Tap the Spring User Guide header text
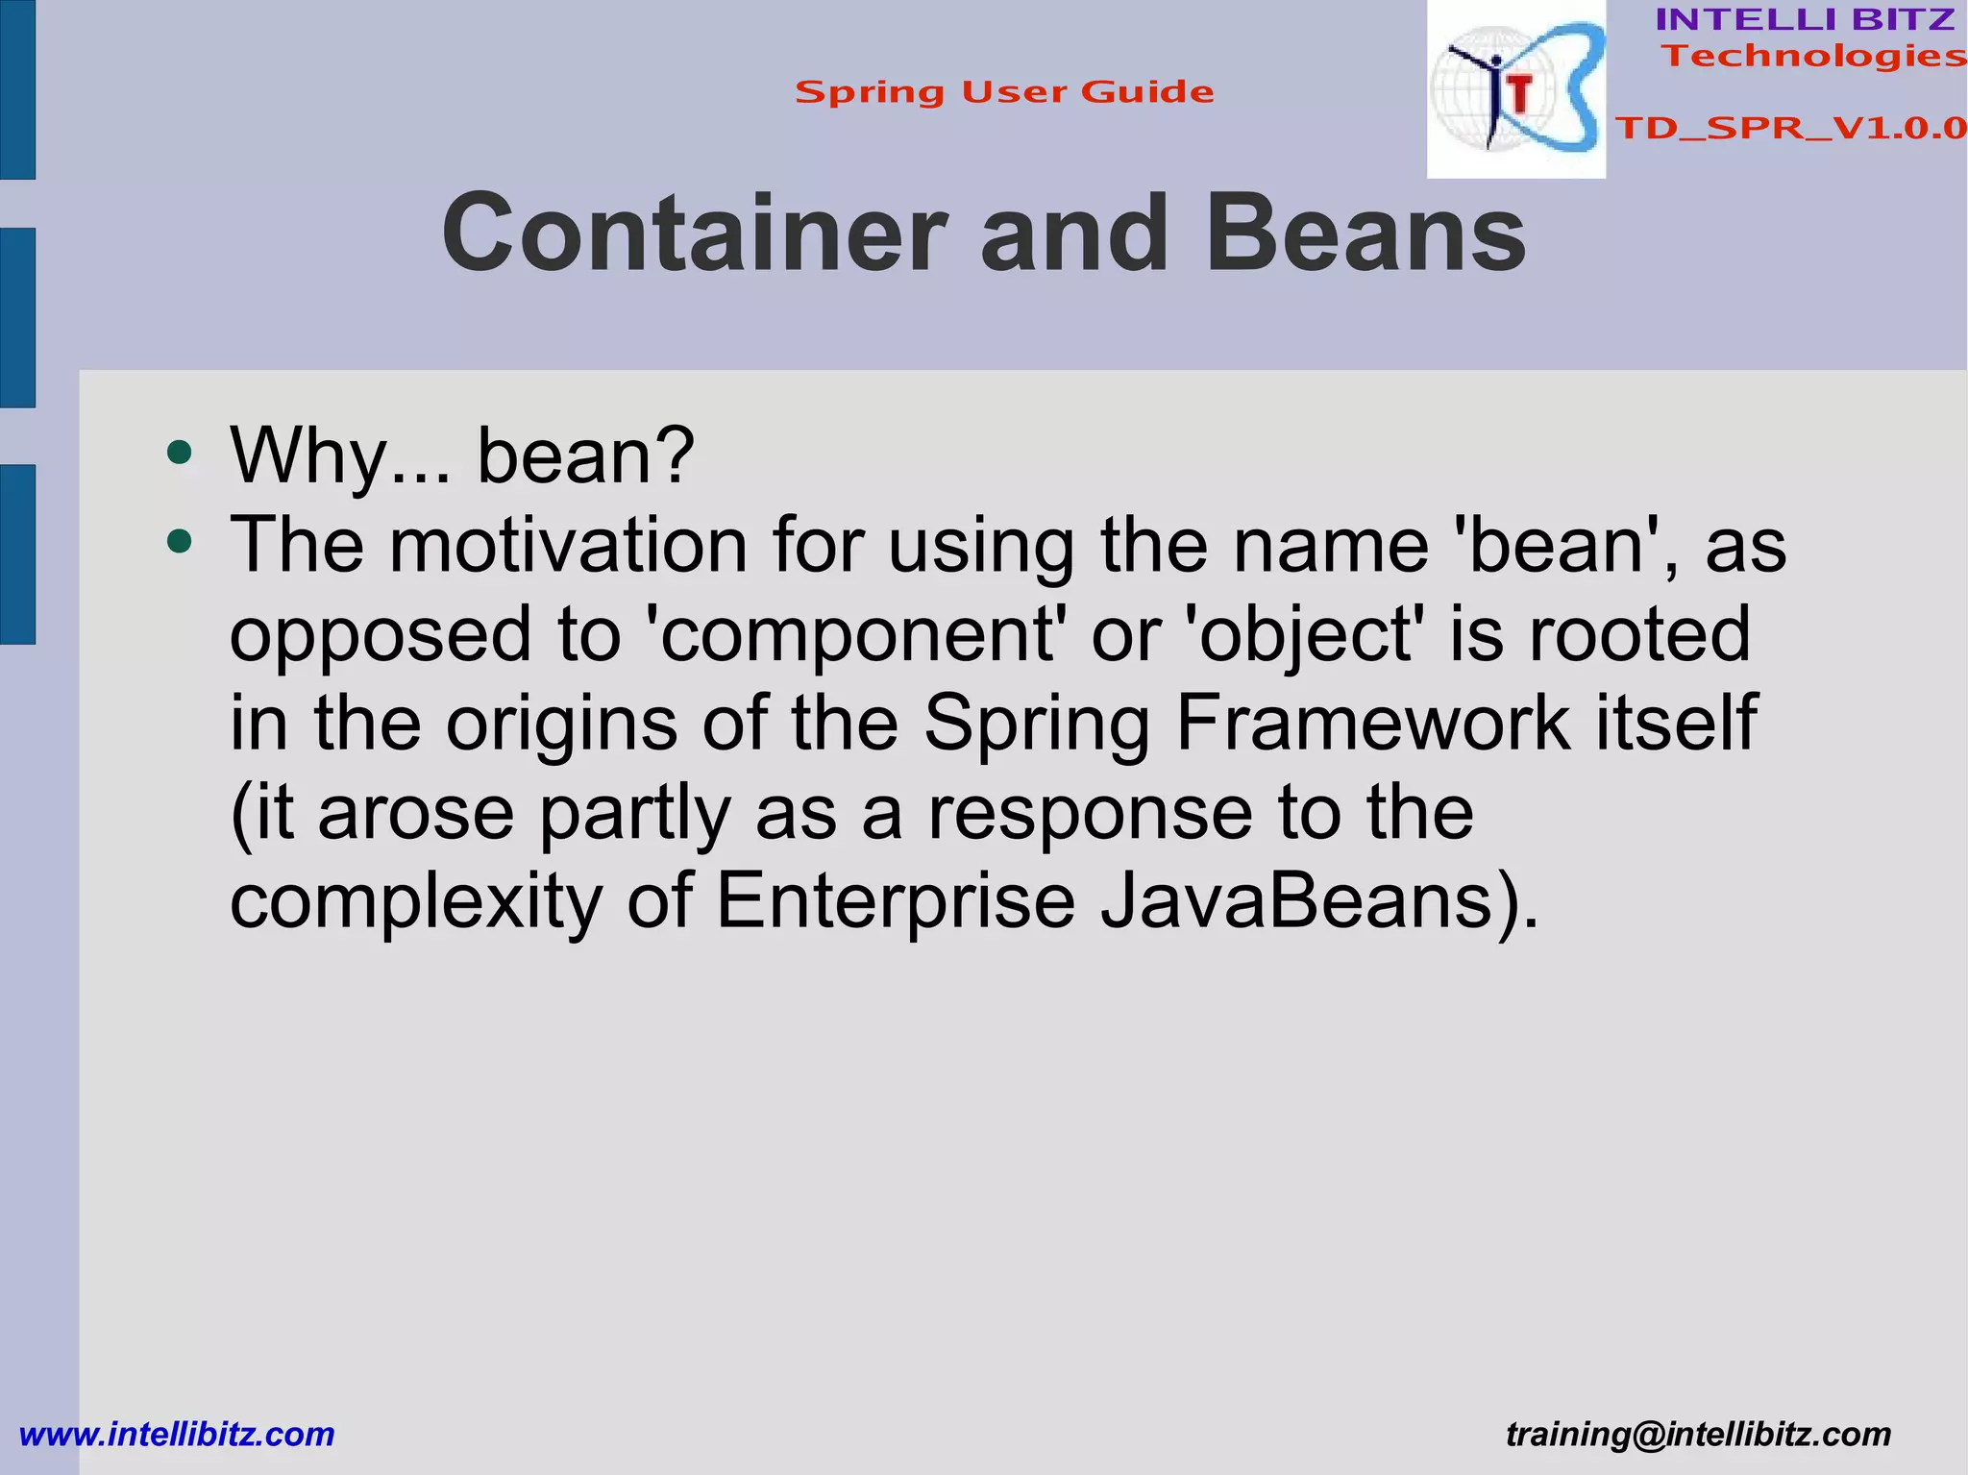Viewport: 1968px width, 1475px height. [1004, 92]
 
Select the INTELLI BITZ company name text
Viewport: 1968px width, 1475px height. [1805, 19]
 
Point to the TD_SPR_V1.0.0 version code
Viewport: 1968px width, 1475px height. [1790, 128]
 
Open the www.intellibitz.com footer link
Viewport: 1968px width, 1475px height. [177, 1434]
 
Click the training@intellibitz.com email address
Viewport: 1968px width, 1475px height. [1698, 1434]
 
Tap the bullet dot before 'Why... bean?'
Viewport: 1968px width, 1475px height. [179, 452]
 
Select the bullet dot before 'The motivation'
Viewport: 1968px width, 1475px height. [179, 542]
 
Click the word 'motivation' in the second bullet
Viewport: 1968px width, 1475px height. [568, 545]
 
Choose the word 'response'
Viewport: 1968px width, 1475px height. [1090, 812]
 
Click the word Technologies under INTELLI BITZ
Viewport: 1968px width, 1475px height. [1814, 56]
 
